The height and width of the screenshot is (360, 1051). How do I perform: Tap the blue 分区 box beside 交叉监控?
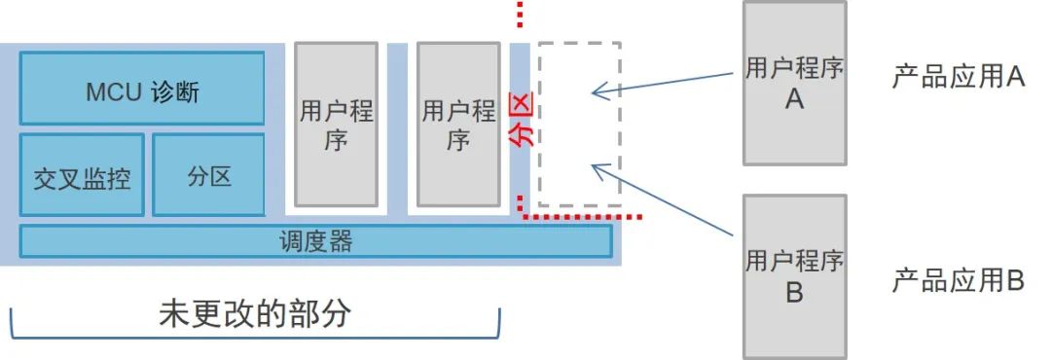click(x=209, y=175)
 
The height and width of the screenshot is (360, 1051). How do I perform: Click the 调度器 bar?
click(x=315, y=241)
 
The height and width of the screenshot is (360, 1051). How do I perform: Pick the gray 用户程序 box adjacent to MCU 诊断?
click(x=336, y=125)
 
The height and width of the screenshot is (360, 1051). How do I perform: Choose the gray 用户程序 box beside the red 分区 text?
click(x=458, y=125)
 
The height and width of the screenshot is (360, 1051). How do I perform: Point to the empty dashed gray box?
click(x=579, y=125)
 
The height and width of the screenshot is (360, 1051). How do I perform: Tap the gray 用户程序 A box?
click(x=794, y=83)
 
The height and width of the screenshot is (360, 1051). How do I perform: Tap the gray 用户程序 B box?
click(x=794, y=276)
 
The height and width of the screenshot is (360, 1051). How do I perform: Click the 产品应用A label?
click(x=958, y=77)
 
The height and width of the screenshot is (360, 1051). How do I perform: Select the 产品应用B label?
click(x=958, y=281)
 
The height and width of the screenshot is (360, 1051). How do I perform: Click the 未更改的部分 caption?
click(x=254, y=313)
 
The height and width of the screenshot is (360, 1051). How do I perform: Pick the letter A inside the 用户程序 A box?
click(x=794, y=98)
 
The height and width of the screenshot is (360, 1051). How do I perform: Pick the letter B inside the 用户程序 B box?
click(x=794, y=292)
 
